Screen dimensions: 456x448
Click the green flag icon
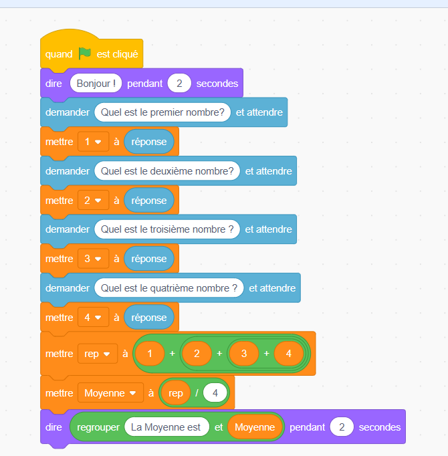point(84,53)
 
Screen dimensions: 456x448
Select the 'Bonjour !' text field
point(96,84)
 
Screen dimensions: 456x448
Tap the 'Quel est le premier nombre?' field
point(162,112)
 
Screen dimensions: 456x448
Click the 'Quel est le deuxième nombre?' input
point(167,171)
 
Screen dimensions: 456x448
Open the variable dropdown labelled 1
point(93,142)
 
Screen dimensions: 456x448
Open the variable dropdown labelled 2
point(93,200)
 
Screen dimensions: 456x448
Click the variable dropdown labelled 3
point(93,259)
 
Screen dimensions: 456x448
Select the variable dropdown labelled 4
point(93,318)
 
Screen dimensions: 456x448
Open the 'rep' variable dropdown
point(97,354)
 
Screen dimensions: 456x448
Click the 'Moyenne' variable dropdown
point(110,393)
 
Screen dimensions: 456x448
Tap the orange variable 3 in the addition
point(244,354)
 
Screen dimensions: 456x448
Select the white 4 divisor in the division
point(215,393)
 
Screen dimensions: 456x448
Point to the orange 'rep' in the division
point(176,393)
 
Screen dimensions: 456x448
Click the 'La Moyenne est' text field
point(166,427)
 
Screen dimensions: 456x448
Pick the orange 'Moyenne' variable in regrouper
point(254,427)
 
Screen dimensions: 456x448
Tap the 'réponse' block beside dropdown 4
point(149,318)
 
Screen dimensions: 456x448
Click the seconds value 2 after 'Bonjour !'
point(179,84)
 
